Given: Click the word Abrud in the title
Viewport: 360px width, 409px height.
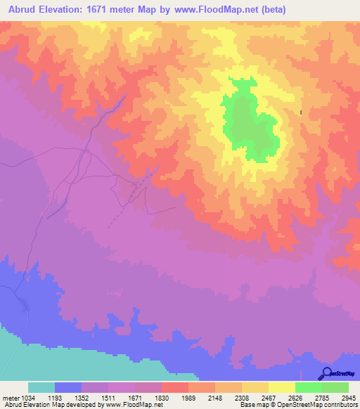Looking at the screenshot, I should [x=19, y=9].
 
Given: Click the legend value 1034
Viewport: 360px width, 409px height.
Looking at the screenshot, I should [x=27, y=398].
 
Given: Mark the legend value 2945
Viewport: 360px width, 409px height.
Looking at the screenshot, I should [x=349, y=398].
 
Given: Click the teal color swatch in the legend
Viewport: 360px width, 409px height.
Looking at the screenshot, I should [x=41, y=387].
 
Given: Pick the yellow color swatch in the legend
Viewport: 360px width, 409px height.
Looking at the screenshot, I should [x=282, y=387].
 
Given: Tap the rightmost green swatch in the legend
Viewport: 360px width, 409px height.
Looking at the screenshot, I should [x=335, y=387].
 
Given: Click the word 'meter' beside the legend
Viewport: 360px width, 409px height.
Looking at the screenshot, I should [x=9, y=398].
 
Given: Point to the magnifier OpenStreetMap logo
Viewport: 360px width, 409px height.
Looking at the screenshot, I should [x=326, y=372].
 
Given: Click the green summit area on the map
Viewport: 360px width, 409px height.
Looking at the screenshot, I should [x=246, y=123].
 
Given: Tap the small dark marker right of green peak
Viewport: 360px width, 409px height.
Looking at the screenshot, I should [x=301, y=112].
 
